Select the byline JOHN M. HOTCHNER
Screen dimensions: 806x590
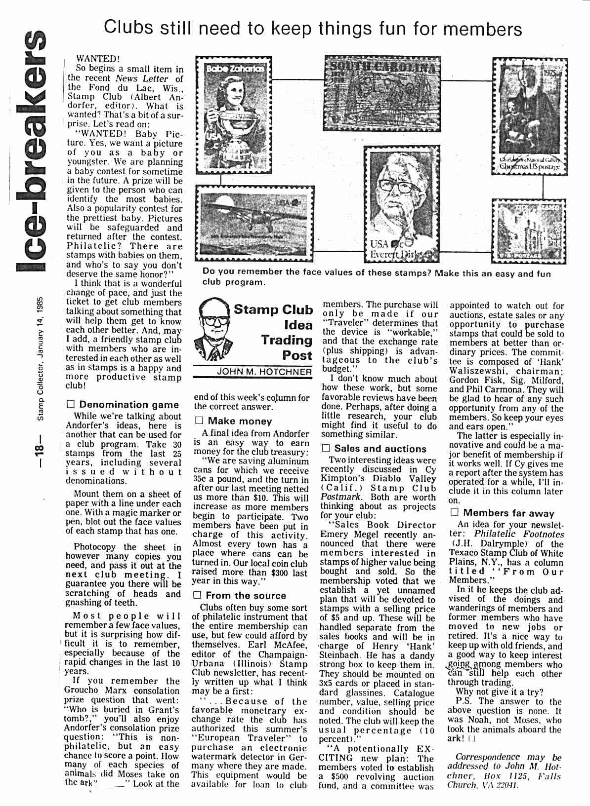coord(265,372)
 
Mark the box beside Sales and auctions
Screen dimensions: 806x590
coord(326,448)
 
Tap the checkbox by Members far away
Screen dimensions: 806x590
coord(454,513)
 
